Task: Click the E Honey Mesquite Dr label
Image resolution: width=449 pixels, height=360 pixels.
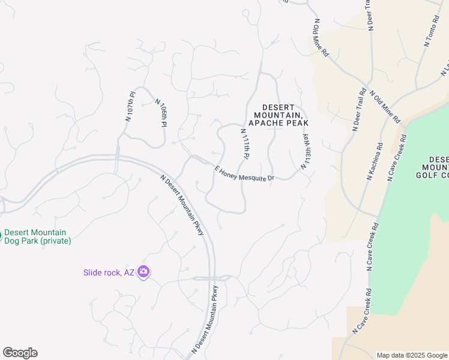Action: coord(244,173)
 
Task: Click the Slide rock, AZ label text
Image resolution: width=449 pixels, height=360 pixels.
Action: coord(109,272)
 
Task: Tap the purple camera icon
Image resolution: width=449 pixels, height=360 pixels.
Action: coord(143,272)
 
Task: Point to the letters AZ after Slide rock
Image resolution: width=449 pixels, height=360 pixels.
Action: coord(129,272)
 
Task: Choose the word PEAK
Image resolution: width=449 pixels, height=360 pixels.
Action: coord(298,123)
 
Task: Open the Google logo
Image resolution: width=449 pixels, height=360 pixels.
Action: coord(20,352)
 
